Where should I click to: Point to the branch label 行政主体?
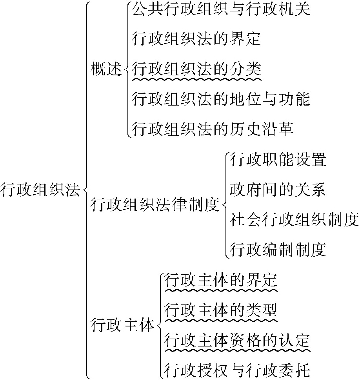pos(123,325)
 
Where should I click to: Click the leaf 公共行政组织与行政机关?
pos(221,9)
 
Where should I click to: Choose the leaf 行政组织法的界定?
pos(196,39)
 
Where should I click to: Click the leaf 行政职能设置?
pos(278,160)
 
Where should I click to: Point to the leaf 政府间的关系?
pos(278,190)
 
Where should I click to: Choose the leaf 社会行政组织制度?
pos(294,219)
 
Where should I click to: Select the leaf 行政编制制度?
pos(278,249)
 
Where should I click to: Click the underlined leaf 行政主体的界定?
pos(221,280)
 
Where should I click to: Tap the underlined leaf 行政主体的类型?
pos(221,310)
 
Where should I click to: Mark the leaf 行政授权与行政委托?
pos(237,369)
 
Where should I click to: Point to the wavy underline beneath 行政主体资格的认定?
pos(237,349)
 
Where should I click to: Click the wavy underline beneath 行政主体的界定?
pos(221,290)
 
